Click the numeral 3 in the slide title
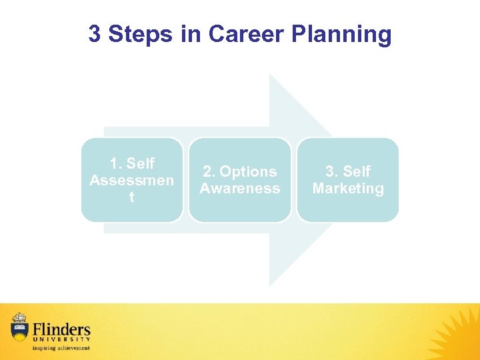(95, 34)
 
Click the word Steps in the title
(140, 34)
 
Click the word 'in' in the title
(189, 34)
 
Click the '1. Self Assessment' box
(132, 179)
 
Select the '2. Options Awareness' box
(240, 179)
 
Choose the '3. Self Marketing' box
(348, 179)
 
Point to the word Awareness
(240, 189)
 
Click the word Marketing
(348, 189)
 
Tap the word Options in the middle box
(247, 172)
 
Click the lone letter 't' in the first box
(131, 197)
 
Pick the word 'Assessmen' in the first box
(131, 181)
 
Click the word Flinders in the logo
(61, 329)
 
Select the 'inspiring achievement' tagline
(61, 348)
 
